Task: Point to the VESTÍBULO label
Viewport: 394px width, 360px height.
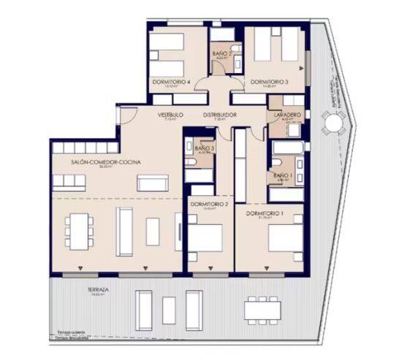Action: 170,115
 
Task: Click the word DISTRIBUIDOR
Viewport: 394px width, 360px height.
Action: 220,115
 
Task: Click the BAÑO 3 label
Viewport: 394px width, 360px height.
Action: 205,148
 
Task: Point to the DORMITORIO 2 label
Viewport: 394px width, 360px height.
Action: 210,204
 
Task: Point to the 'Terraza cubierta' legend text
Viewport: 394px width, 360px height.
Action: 72,332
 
